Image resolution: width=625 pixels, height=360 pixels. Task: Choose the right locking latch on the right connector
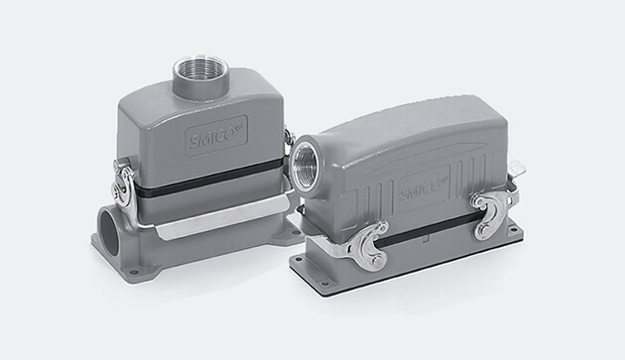point(493,212)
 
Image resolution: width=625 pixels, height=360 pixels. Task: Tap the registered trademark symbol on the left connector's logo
point(238,128)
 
